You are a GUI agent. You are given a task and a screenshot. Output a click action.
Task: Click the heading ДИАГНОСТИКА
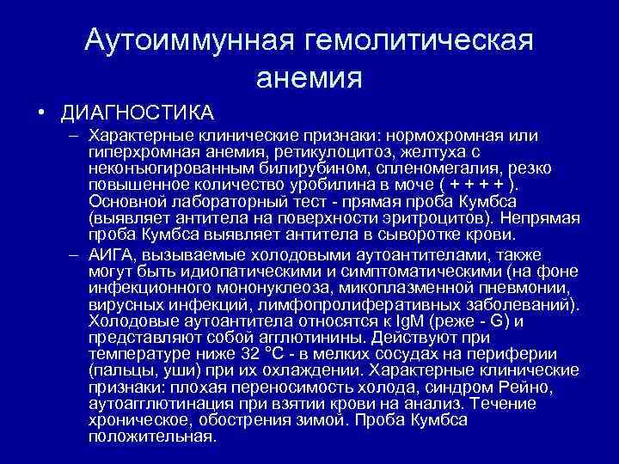[x=137, y=113]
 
